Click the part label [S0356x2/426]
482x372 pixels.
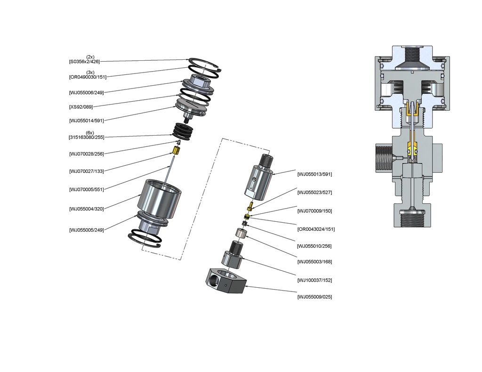coord(84,62)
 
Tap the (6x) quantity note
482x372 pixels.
coord(90,133)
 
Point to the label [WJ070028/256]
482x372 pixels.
coord(86,154)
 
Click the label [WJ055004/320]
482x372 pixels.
coord(86,209)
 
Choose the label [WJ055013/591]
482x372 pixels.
coord(314,174)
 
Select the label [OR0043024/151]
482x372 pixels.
coord(316,229)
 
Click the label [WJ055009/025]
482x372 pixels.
coord(314,297)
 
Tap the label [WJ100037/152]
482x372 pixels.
coord(314,280)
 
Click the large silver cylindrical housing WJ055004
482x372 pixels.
coord(160,198)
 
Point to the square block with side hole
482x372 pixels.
coord(226,281)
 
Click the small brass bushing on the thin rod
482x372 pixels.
coord(176,151)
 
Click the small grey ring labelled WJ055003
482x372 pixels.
coord(243,233)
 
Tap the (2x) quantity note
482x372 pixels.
coord(90,57)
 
